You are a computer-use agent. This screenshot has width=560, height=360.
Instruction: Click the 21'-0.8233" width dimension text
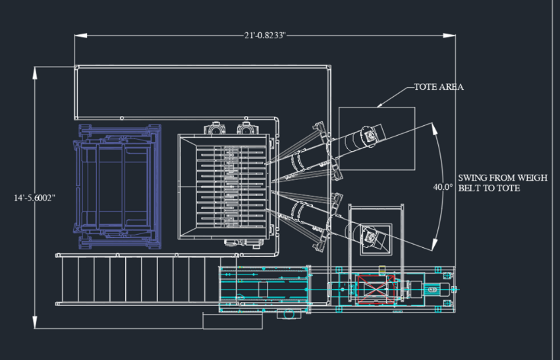point(265,36)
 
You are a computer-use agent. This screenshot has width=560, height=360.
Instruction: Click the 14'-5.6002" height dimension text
point(35,198)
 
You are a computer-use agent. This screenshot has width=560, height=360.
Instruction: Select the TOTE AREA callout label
point(439,87)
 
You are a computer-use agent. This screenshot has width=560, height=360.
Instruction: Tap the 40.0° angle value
point(443,187)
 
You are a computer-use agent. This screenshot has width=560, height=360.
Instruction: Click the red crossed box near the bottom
point(376,289)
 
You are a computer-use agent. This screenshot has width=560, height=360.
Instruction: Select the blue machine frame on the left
point(117,186)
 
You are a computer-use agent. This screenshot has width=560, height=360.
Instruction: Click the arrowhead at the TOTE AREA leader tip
point(380,105)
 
